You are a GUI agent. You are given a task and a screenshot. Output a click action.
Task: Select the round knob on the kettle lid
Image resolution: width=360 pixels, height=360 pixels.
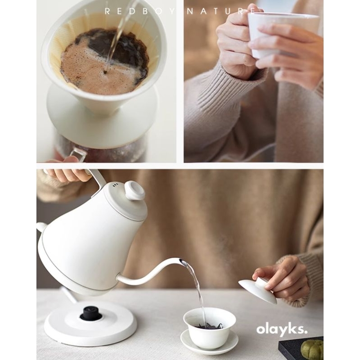pos(135,190)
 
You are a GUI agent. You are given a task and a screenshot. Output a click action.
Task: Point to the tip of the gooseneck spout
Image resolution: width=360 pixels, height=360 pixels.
pos(182,261)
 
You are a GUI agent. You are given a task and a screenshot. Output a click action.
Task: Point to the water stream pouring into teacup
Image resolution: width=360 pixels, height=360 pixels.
pos(197,288)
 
